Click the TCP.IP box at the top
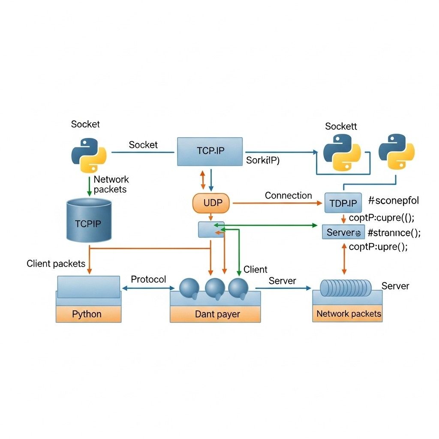point(210,151)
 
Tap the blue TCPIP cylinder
point(89,219)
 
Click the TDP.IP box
point(343,203)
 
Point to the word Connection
point(288,195)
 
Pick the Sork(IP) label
point(262,161)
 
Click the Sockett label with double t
point(341,126)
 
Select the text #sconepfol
point(394,200)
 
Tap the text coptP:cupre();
point(382,217)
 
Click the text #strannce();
point(394,233)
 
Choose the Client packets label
point(56,264)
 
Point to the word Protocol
point(148,280)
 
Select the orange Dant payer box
point(215,314)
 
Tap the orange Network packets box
point(348,314)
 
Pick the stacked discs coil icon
point(346,288)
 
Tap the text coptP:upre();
point(378,247)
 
